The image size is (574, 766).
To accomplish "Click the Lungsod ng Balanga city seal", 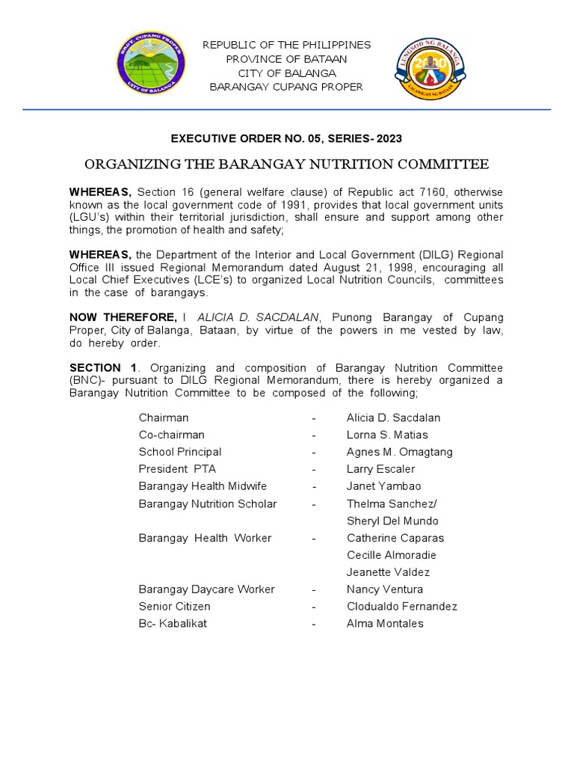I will (429, 70).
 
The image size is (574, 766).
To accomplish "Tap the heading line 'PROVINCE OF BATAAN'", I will (287, 59).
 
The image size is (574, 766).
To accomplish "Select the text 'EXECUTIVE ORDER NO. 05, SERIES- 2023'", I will (286, 138).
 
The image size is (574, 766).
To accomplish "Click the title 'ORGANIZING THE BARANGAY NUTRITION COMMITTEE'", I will (286, 164).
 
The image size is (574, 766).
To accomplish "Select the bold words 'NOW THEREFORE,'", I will (123, 317).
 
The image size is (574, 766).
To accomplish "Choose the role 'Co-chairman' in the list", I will (171, 435).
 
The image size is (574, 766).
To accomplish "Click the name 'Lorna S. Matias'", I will (387, 435).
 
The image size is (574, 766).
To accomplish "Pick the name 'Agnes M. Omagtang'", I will (399, 452).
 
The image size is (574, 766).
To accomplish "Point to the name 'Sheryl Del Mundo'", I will (392, 521).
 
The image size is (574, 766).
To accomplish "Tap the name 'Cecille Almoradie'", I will (391, 555).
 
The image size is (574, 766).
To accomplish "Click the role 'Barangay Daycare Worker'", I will (206, 589).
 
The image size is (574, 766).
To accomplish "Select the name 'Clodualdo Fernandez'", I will (401, 607).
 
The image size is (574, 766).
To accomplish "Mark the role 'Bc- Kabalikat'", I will (173, 624).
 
